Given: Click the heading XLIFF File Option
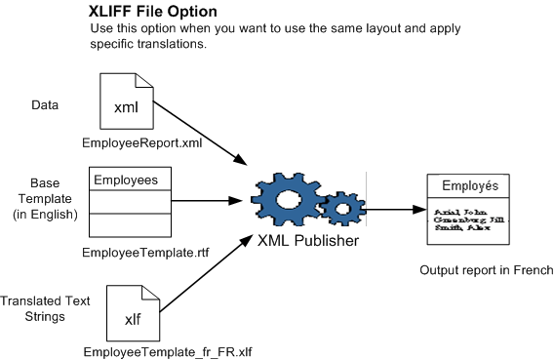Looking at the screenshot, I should tap(153, 12).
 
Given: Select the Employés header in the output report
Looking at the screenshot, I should tap(470, 185).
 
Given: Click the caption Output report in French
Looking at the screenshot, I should tap(486, 270).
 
